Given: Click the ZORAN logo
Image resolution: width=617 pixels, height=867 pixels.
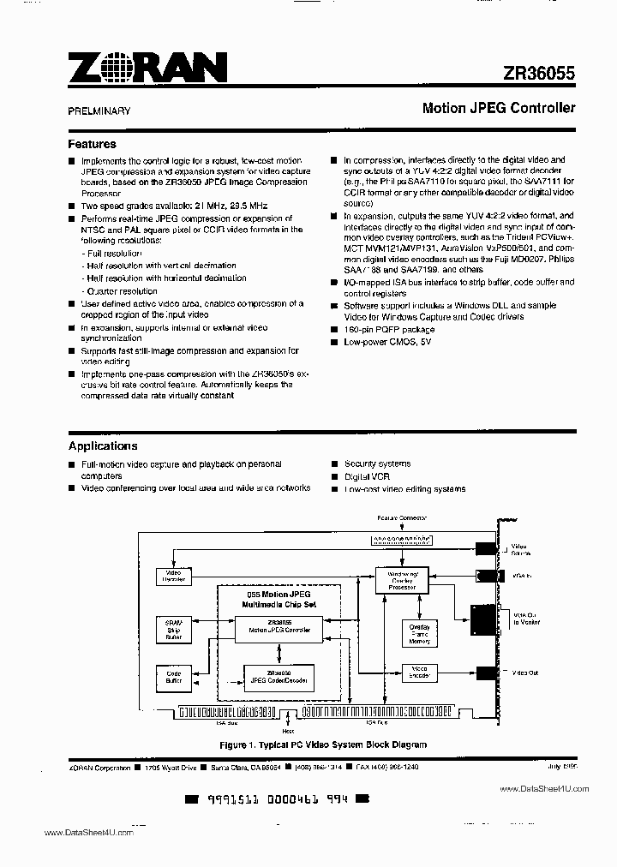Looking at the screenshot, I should pos(147,68).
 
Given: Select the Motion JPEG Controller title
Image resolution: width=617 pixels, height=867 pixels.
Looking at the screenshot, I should pos(498,109).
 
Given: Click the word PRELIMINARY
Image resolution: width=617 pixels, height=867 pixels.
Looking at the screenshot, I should pos(99,111).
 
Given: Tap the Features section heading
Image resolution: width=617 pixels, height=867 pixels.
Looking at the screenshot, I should pos(92,144).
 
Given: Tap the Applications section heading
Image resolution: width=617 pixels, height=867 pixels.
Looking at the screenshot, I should pos(103,445).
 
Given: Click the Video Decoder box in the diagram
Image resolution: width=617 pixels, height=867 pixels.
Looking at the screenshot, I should pos(174,576).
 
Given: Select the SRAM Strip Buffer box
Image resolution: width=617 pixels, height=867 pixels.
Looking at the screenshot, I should pos(174,629).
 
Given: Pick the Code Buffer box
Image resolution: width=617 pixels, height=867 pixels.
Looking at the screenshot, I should pos(174,679).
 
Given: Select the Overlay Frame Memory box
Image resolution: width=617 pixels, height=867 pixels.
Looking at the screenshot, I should pos(420,634).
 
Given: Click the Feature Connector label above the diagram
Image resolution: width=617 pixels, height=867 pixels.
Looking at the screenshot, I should pos(402,518).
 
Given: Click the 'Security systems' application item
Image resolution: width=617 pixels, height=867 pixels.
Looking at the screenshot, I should pos(377,463).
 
